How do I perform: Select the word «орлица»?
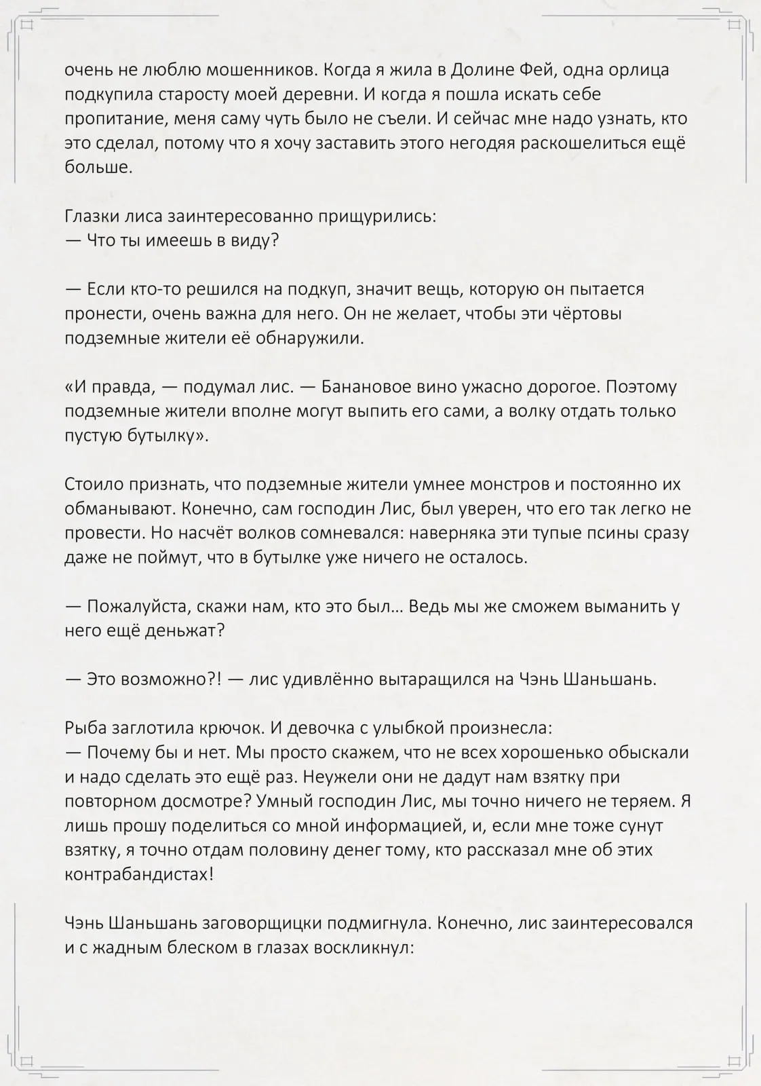(x=636, y=70)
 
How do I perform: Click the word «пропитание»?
(x=113, y=119)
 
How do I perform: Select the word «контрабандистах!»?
(x=139, y=874)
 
